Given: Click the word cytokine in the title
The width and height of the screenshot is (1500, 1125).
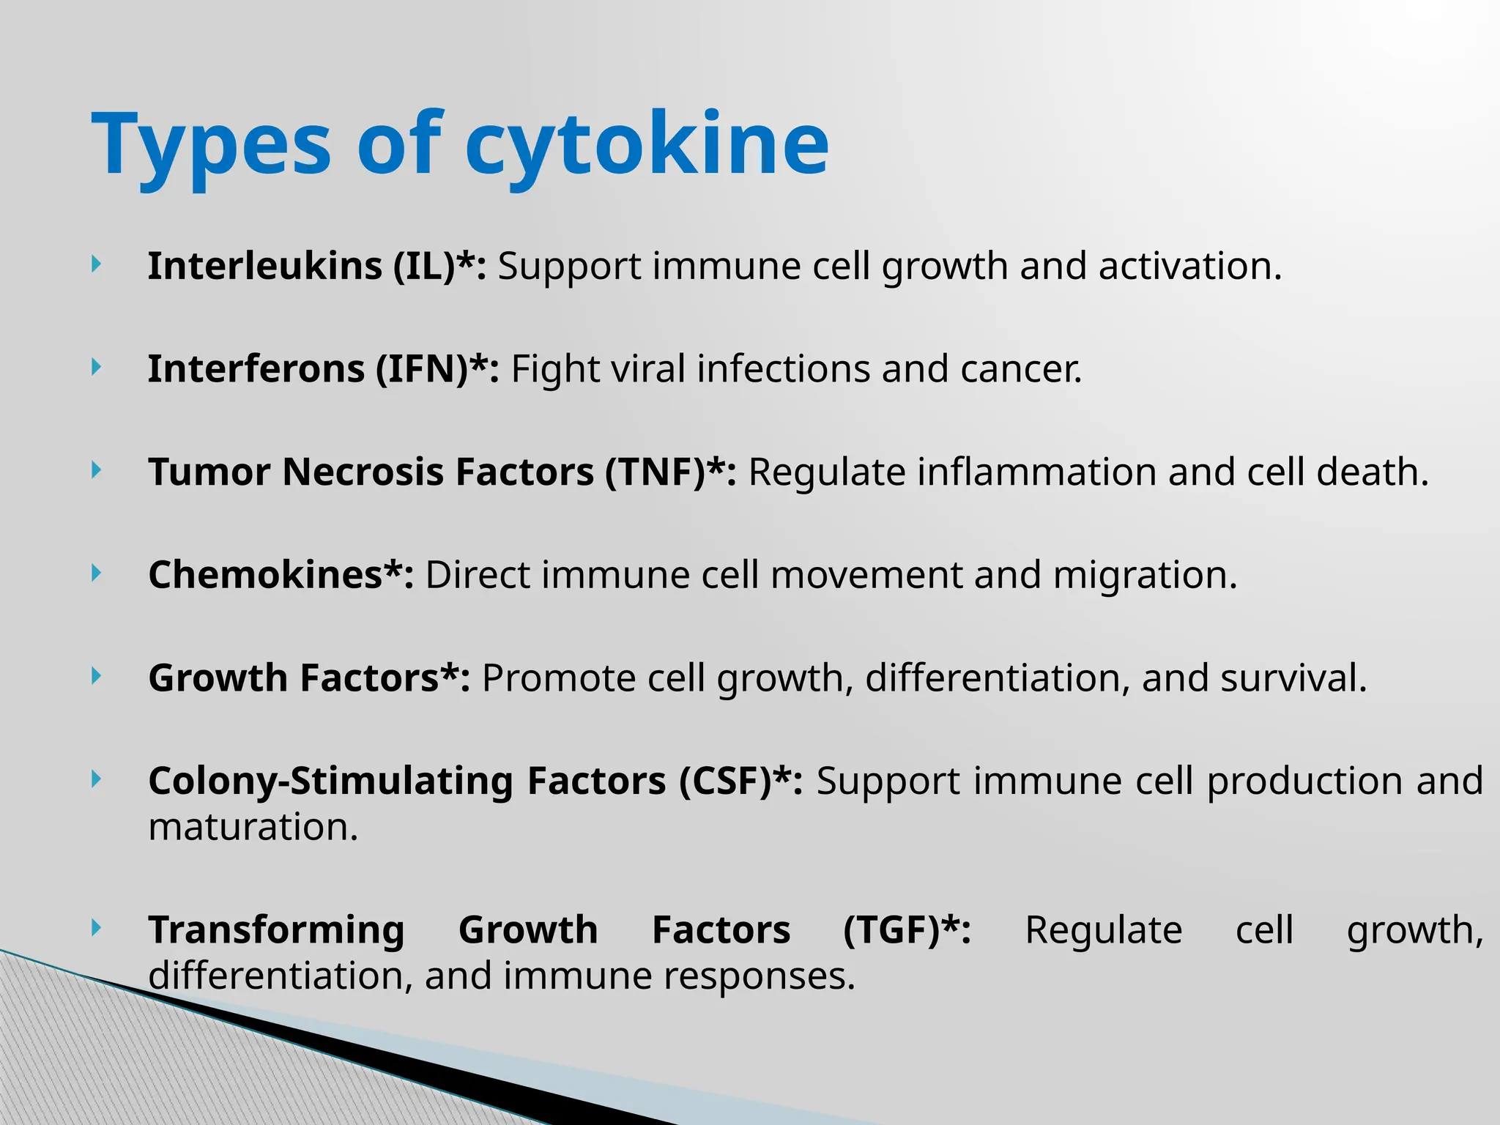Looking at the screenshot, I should click(647, 144).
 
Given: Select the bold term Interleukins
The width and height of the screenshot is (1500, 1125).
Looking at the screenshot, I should click(265, 266).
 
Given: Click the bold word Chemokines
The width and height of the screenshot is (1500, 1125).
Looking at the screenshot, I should click(265, 575).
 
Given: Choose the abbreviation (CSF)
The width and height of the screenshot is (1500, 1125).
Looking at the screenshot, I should click(735, 781).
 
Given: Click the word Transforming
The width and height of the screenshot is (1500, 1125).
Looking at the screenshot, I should click(276, 930).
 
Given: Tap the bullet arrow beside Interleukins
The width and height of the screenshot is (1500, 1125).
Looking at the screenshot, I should click(96, 265).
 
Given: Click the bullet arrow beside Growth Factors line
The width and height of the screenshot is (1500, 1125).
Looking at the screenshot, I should click(96, 677).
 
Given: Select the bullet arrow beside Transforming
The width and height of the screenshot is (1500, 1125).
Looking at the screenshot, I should click(96, 929).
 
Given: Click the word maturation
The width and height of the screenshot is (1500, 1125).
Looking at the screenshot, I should click(252, 828).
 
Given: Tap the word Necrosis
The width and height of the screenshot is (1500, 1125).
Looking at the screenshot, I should click(363, 472).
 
